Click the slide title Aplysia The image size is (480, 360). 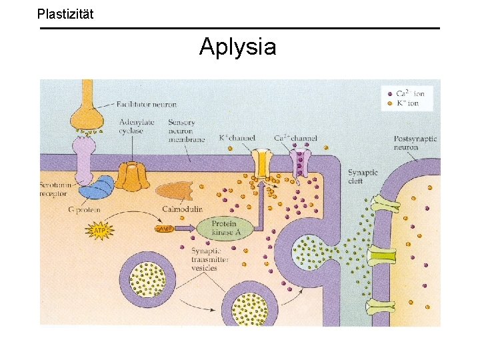(237, 47)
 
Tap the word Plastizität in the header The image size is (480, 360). (65, 13)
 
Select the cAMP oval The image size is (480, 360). (164, 229)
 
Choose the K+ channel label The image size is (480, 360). (238, 138)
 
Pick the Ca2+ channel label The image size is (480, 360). (295, 138)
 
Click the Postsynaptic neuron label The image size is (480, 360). (415, 143)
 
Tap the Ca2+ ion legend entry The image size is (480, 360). (406, 93)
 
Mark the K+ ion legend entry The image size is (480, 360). (405, 103)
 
